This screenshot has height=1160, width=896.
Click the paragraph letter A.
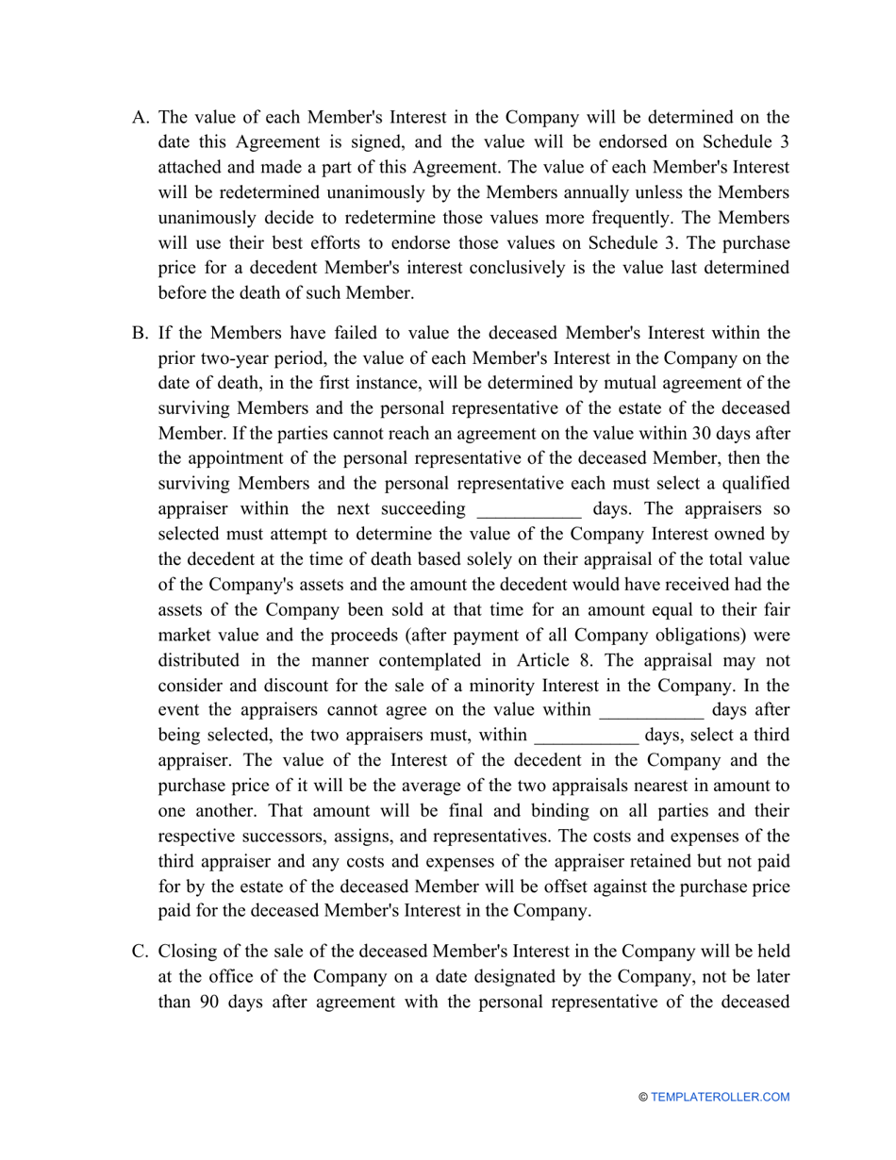coord(140,118)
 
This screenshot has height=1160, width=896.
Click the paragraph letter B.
coord(140,333)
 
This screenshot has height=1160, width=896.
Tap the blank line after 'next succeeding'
coord(529,510)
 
